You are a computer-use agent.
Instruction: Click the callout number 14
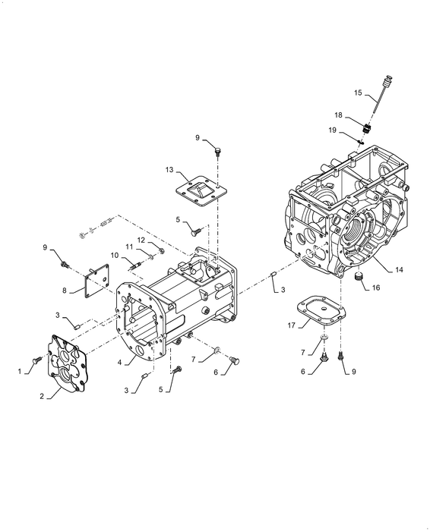click(x=399, y=269)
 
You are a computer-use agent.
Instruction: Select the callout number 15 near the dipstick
click(x=358, y=93)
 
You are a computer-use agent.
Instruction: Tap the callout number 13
click(x=169, y=169)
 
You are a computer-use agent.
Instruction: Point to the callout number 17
click(x=291, y=325)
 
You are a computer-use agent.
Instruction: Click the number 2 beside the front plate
click(x=42, y=396)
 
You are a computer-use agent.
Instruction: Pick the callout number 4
click(x=119, y=362)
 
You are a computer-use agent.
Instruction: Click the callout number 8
click(x=64, y=291)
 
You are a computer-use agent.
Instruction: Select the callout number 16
click(x=376, y=287)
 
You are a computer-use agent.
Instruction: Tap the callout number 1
click(x=20, y=372)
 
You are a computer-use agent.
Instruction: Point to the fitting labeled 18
click(x=366, y=129)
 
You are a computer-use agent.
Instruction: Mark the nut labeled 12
click(x=162, y=251)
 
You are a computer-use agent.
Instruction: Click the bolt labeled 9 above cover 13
click(x=217, y=151)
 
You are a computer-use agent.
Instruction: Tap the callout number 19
click(x=332, y=130)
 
